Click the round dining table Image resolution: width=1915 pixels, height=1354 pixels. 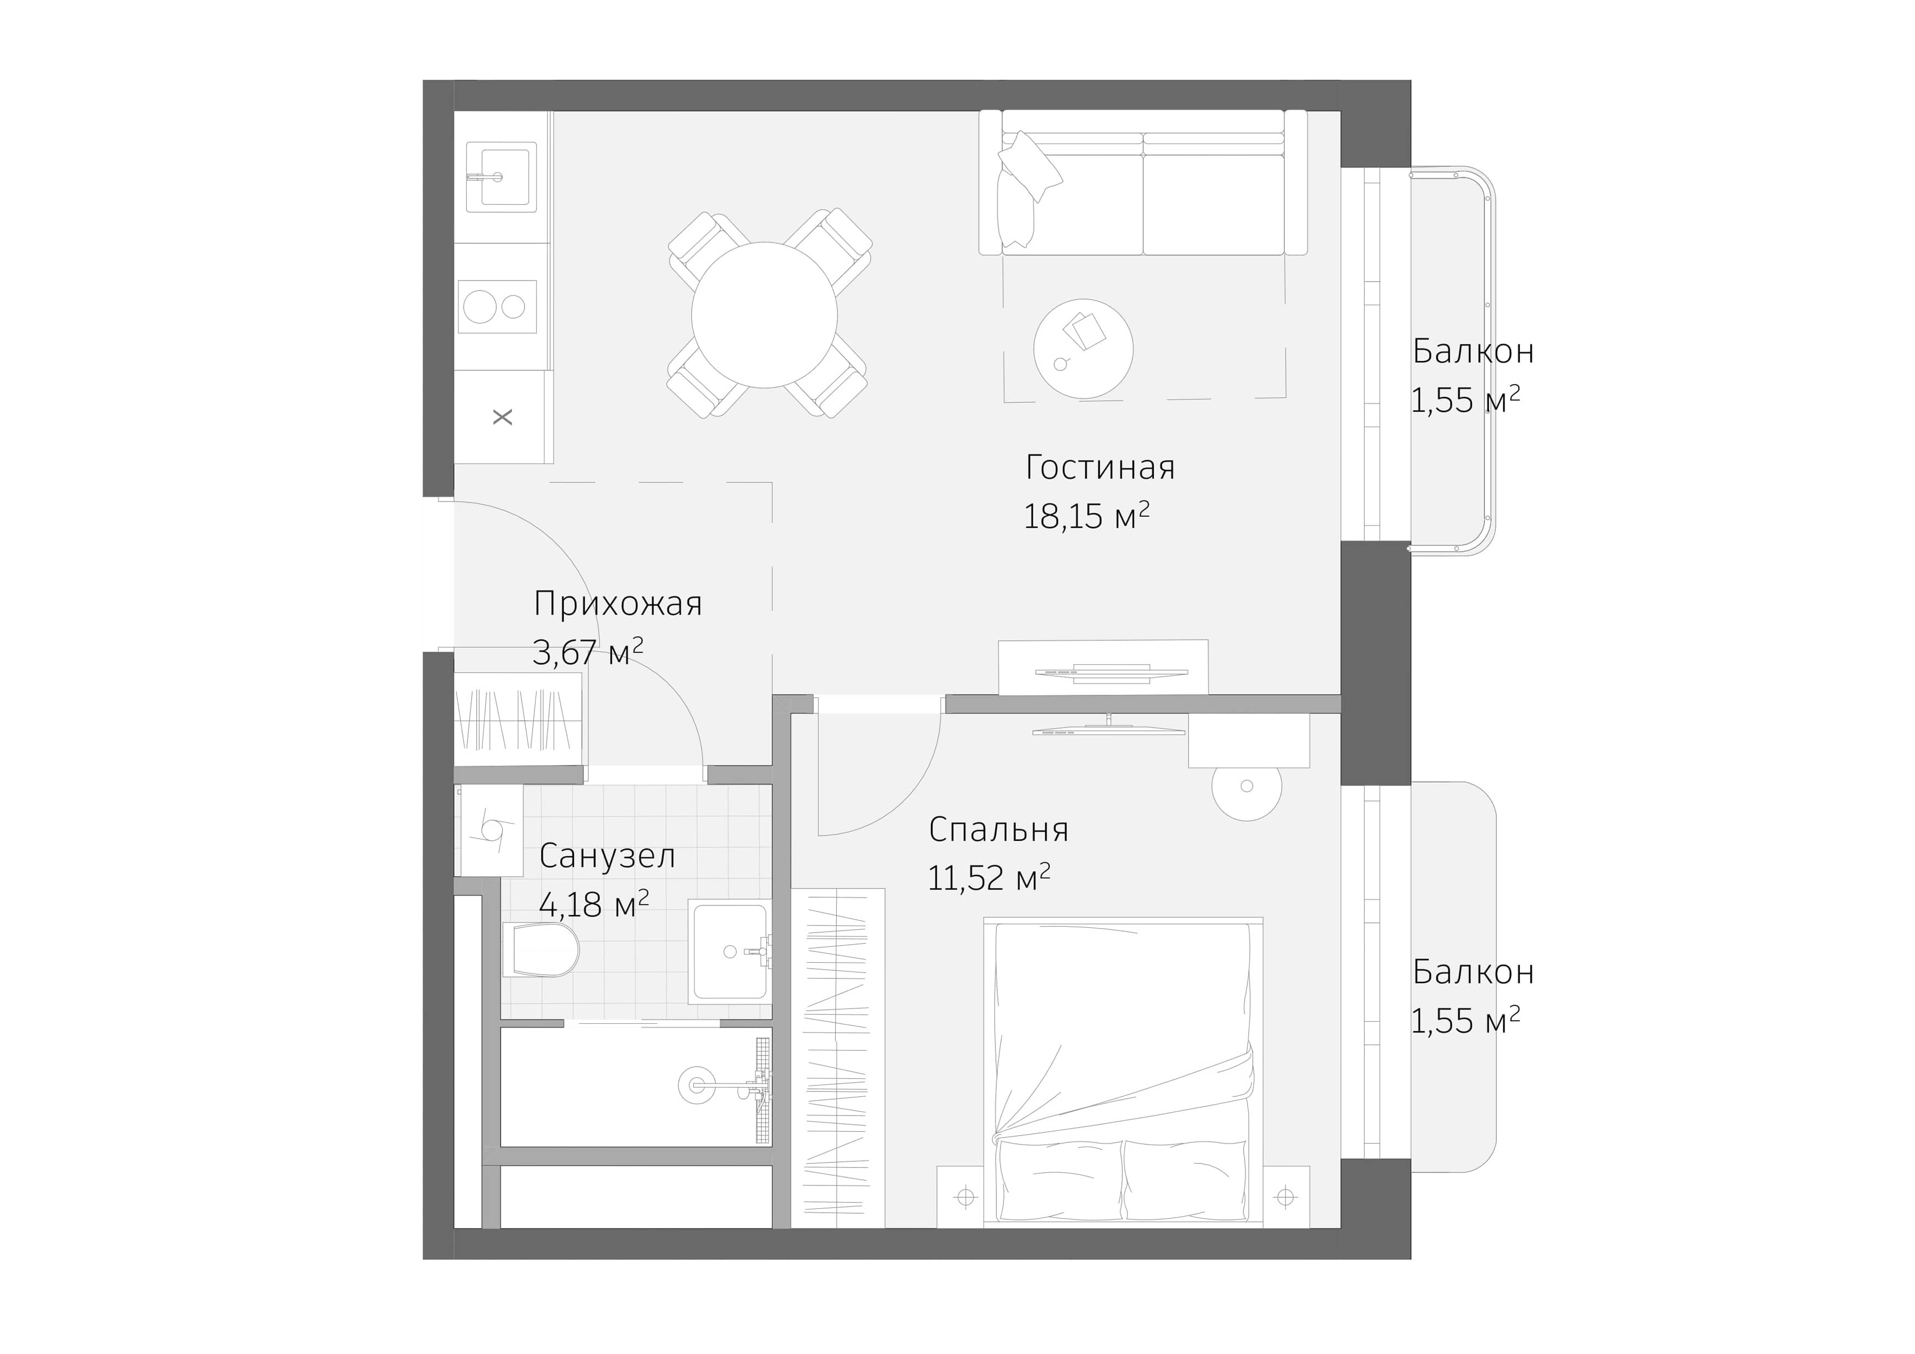[x=764, y=315]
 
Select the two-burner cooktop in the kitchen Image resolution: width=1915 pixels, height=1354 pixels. [x=497, y=307]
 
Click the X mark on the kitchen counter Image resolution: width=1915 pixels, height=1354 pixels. [x=503, y=417]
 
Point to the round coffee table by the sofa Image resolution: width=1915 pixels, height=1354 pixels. [x=1083, y=349]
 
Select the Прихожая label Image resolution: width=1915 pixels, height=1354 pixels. [x=617, y=604]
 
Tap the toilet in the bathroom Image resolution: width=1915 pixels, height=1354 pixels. [x=542, y=950]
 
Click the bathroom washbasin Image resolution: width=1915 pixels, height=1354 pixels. [x=730, y=951]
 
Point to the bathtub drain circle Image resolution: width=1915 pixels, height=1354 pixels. [x=697, y=1085]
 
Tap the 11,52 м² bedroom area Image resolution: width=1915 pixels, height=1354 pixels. [x=989, y=878]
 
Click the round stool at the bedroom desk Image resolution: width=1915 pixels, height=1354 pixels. [x=1246, y=786]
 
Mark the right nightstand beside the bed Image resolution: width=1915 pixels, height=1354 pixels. [x=1285, y=1197]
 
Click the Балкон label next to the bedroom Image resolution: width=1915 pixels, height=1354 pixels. [x=1473, y=972]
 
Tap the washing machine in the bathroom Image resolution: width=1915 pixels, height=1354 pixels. [x=490, y=831]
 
